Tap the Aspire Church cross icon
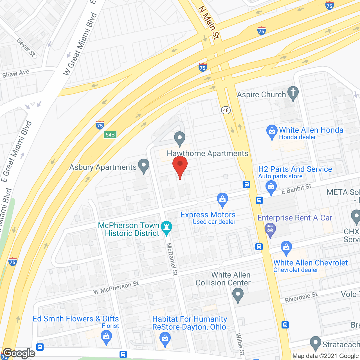click(293, 93)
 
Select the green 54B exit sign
click(110, 135)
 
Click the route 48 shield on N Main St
click(226, 110)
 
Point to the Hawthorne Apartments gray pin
click(179, 138)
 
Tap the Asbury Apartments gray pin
click(144, 166)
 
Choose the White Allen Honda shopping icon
click(272, 131)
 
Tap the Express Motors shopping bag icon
click(222, 199)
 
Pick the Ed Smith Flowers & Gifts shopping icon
click(106, 337)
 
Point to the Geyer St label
click(26, 48)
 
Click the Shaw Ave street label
click(16, 74)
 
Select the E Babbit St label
click(296, 189)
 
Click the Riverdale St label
click(301, 297)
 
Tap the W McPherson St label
click(116, 288)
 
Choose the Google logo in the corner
click(19, 353)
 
